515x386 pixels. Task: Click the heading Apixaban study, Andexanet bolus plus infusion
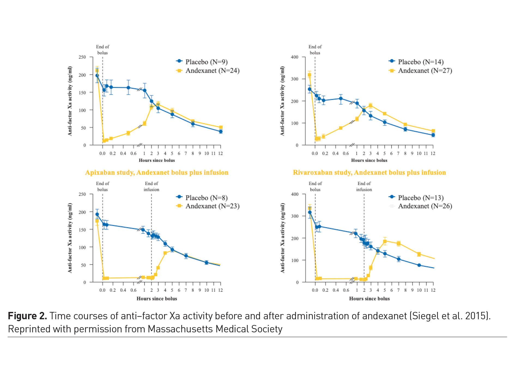pyautogui.click(x=157, y=172)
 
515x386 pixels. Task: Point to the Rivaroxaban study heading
pyautogui.click(x=369, y=172)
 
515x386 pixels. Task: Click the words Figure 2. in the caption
pyautogui.click(x=27, y=316)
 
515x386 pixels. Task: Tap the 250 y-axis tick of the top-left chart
pyautogui.click(x=82, y=57)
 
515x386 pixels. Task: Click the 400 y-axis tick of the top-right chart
pyautogui.click(x=295, y=57)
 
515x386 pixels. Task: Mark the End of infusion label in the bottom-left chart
pyautogui.click(x=152, y=187)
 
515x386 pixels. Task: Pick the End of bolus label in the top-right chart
pyautogui.click(x=315, y=50)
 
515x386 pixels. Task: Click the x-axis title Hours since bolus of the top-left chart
pyautogui.click(x=157, y=160)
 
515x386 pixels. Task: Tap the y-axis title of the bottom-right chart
pyautogui.click(x=283, y=238)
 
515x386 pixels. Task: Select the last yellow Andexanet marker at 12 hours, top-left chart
pyautogui.click(x=221, y=127)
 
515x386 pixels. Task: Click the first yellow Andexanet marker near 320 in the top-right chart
pyautogui.click(x=309, y=75)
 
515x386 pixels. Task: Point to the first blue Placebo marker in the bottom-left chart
pyautogui.click(x=97, y=214)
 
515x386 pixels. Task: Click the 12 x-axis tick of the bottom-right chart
pyautogui.click(x=433, y=290)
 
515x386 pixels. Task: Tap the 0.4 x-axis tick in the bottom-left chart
pyautogui.click(x=123, y=290)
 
